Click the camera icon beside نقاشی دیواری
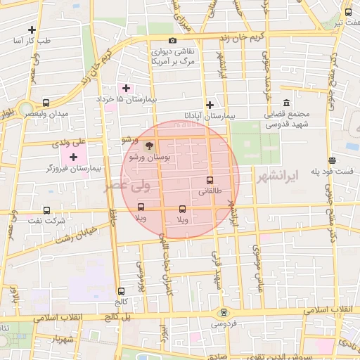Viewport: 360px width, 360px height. click(173, 41)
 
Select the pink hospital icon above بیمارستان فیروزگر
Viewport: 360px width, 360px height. click(74, 156)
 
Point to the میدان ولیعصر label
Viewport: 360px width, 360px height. click(49, 114)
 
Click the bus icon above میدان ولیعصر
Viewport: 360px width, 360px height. click(46, 102)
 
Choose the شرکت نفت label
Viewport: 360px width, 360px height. click(50, 221)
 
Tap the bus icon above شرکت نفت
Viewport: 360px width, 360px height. click(47, 210)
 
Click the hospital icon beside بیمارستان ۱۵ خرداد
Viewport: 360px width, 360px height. click(126, 88)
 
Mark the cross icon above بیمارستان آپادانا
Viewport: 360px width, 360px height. click(210, 104)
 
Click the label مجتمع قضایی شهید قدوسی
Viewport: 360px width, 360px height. click(287, 119)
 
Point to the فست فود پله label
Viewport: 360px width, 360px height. click(333, 172)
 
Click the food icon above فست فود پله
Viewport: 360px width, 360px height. click(333, 160)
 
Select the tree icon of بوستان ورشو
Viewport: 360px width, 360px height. click(148, 146)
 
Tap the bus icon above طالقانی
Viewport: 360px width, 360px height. click(210, 180)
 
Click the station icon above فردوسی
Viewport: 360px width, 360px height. click(224, 313)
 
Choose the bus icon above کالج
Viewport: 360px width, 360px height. click(122, 290)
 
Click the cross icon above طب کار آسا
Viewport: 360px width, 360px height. click(32, 30)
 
